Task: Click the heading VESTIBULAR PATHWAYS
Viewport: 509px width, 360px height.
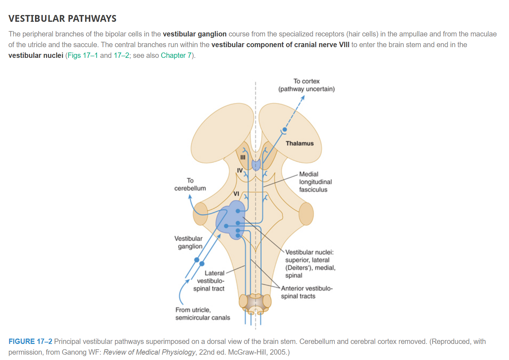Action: tap(62, 19)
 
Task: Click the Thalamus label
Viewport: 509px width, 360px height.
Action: tap(299, 143)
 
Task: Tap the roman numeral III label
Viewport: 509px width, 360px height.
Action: tap(243, 157)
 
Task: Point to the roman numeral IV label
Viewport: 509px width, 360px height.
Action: tap(240, 170)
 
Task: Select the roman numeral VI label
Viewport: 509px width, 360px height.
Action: tap(236, 194)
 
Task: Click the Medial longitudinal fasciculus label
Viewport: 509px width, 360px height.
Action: tap(315, 182)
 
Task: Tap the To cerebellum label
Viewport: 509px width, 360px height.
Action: tap(190, 184)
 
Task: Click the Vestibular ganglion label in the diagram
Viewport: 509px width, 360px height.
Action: tap(188, 242)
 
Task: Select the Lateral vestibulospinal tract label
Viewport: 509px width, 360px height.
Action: tap(210, 281)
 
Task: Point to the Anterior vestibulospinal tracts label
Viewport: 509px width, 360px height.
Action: tap(306, 292)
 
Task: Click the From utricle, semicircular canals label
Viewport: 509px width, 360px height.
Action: tap(202, 314)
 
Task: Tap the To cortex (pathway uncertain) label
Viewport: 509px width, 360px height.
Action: tap(306, 85)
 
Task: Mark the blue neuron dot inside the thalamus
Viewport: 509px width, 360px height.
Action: tap(284, 130)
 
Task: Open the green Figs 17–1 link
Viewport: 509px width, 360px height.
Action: tap(82, 55)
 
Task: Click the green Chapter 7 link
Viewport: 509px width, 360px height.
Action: tap(176, 55)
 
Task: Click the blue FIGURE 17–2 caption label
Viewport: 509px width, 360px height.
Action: tap(30, 341)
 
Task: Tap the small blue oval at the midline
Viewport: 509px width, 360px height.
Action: tap(256, 165)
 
